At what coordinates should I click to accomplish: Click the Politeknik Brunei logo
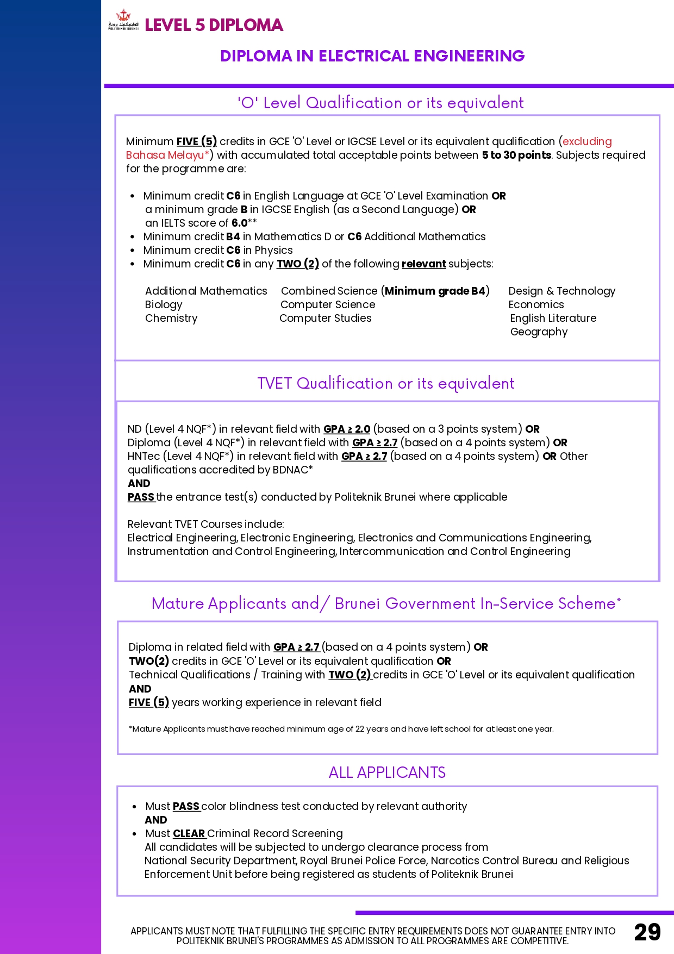click(x=123, y=21)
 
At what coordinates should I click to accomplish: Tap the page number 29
click(x=647, y=932)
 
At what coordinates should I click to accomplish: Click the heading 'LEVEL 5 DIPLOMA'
click(x=214, y=25)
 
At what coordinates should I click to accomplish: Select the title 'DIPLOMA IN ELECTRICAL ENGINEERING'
click(x=372, y=56)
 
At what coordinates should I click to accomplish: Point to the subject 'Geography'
click(x=539, y=332)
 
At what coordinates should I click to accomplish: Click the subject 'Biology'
click(x=164, y=304)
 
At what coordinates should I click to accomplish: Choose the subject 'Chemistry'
click(x=171, y=318)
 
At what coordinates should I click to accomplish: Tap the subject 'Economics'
click(x=536, y=304)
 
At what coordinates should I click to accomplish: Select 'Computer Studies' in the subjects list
click(x=326, y=318)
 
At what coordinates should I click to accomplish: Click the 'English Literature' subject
click(x=553, y=318)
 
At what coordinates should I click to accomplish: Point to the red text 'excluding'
click(x=587, y=141)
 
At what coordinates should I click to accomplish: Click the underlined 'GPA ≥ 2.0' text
click(x=347, y=429)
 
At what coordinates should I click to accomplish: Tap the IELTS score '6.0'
click(x=240, y=223)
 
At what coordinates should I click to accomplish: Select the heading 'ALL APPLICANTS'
click(x=387, y=772)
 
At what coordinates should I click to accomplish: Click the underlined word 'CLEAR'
click(x=189, y=833)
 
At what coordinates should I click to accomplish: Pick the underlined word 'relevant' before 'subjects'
click(x=423, y=264)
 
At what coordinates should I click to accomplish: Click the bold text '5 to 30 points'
click(x=516, y=155)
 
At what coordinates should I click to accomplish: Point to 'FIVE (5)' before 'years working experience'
click(x=148, y=702)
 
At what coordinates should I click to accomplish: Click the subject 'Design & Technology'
click(x=561, y=291)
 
